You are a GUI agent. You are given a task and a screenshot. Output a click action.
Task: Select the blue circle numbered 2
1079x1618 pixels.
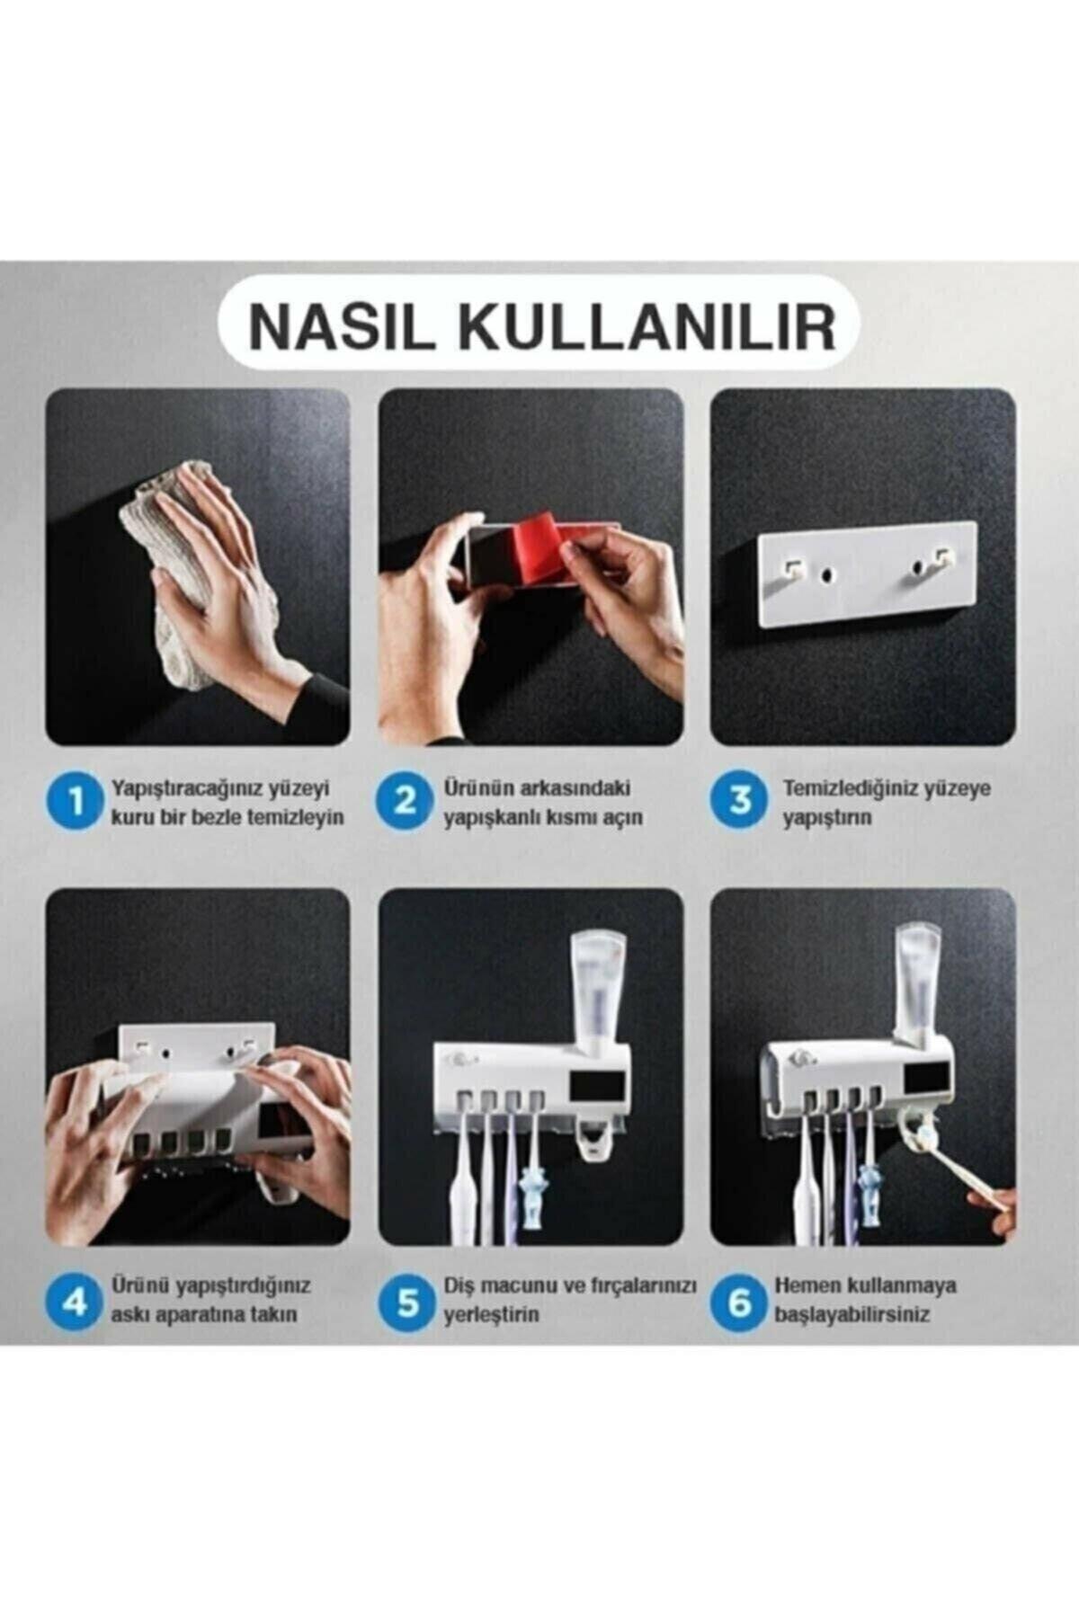click(405, 802)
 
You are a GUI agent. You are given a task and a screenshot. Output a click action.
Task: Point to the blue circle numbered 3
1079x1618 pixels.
click(738, 802)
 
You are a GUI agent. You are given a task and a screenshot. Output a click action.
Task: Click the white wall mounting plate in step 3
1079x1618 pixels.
click(866, 573)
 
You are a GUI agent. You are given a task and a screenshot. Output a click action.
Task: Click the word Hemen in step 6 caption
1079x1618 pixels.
click(806, 1285)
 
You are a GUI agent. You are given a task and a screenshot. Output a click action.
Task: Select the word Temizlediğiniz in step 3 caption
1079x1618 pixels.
click(848, 789)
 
